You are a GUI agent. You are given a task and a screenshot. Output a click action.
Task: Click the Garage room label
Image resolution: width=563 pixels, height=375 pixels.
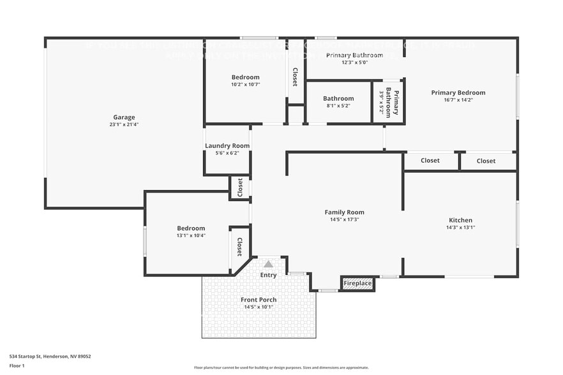(124, 117)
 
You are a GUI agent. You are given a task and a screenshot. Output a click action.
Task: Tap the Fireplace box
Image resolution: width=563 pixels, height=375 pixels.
(357, 283)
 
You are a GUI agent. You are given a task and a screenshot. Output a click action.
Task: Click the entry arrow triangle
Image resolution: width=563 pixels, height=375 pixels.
(269, 264)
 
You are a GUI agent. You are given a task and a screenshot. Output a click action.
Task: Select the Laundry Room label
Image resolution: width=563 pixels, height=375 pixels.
(227, 146)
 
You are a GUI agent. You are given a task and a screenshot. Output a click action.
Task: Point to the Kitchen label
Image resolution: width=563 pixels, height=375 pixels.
(460, 220)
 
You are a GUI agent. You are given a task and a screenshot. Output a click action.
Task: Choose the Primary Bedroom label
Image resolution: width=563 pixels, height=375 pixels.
(458, 92)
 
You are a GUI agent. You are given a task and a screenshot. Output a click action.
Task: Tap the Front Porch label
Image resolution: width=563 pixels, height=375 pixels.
(259, 300)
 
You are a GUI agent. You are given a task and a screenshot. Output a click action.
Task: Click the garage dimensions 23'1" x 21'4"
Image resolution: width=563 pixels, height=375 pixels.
(124, 124)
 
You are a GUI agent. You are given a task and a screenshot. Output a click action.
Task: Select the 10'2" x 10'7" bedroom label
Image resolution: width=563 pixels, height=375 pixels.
(245, 77)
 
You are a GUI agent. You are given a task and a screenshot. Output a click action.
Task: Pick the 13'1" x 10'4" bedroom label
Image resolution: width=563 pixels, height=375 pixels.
(191, 228)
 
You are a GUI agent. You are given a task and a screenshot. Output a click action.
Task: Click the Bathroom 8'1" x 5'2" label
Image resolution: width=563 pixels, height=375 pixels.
(338, 99)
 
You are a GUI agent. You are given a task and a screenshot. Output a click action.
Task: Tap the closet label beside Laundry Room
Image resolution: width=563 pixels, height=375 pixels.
(240, 187)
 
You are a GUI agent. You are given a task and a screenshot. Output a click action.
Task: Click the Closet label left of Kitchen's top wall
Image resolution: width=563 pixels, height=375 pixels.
(430, 161)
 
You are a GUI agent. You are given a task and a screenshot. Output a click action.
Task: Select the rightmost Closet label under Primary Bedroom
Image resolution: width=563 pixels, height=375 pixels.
(486, 161)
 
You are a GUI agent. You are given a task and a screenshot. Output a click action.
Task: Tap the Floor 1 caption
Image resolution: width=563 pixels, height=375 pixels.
(17, 365)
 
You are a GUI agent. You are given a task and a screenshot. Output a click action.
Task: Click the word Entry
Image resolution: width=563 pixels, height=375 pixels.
(268, 275)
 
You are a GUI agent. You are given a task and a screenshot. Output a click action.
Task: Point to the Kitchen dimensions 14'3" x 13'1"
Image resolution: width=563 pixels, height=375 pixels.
(460, 227)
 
